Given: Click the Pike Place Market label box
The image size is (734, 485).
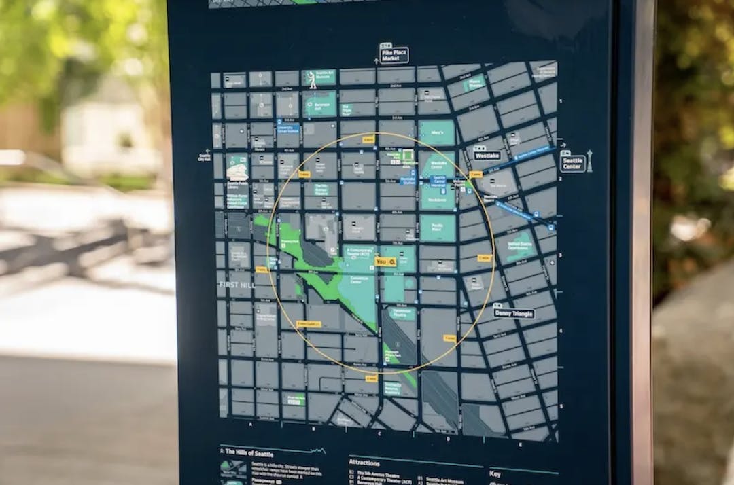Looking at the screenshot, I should click(x=395, y=55).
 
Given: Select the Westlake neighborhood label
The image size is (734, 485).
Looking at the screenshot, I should click(x=488, y=156).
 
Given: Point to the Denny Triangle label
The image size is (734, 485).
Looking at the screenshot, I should click(x=513, y=314).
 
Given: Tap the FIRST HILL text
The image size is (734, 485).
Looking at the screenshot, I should click(x=237, y=285).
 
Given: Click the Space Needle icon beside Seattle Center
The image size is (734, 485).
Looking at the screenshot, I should click(x=589, y=161).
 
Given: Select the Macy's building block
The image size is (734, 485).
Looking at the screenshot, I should click(x=436, y=132).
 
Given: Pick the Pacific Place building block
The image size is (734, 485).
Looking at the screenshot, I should click(x=437, y=228).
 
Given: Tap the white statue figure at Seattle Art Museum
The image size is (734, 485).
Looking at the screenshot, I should click(x=313, y=80).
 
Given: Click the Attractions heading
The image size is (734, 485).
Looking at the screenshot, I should click(x=373, y=463).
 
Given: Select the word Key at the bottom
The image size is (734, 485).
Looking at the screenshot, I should click(x=496, y=473).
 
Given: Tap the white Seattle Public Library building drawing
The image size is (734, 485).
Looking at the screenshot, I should click(x=237, y=172).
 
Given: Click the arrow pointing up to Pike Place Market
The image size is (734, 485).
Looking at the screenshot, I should click(x=376, y=61).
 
